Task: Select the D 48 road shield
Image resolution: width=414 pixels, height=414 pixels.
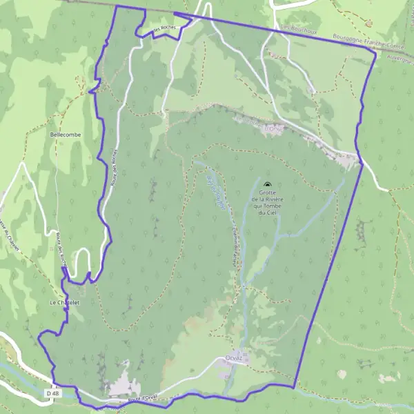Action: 50,393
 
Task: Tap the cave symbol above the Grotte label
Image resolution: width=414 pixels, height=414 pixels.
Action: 267,184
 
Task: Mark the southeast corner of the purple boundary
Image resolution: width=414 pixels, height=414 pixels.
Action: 295,388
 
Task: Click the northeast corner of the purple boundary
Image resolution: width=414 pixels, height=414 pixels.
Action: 376,54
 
